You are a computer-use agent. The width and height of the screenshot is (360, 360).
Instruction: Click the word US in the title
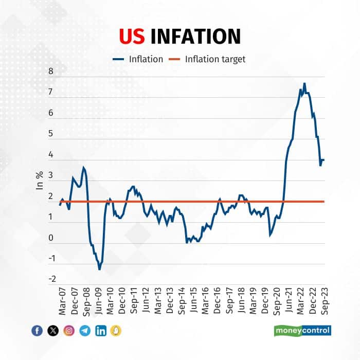pyautogui.click(x=133, y=36)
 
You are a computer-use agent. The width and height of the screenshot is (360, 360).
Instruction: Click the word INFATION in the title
pyautogui.click(x=195, y=36)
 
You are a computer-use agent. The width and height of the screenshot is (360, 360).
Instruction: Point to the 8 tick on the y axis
pyautogui.click(x=51, y=71)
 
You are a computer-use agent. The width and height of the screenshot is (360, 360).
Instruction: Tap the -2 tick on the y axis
pyautogui.click(x=50, y=280)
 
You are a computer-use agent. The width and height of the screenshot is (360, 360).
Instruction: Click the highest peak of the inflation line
pyautogui.click(x=304, y=83)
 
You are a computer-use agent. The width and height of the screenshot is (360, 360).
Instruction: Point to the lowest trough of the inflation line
pyautogui.click(x=99, y=269)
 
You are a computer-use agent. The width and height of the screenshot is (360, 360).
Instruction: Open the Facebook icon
pyautogui.click(x=37, y=331)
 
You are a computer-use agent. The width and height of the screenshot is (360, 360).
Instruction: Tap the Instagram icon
pyautogui.click(x=69, y=331)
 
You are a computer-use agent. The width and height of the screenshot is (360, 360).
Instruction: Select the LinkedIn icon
pyautogui.click(x=101, y=331)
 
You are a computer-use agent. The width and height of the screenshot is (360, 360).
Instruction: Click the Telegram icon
pyautogui.click(x=85, y=331)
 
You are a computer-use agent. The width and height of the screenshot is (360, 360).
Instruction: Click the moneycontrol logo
pyautogui.click(x=302, y=330)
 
